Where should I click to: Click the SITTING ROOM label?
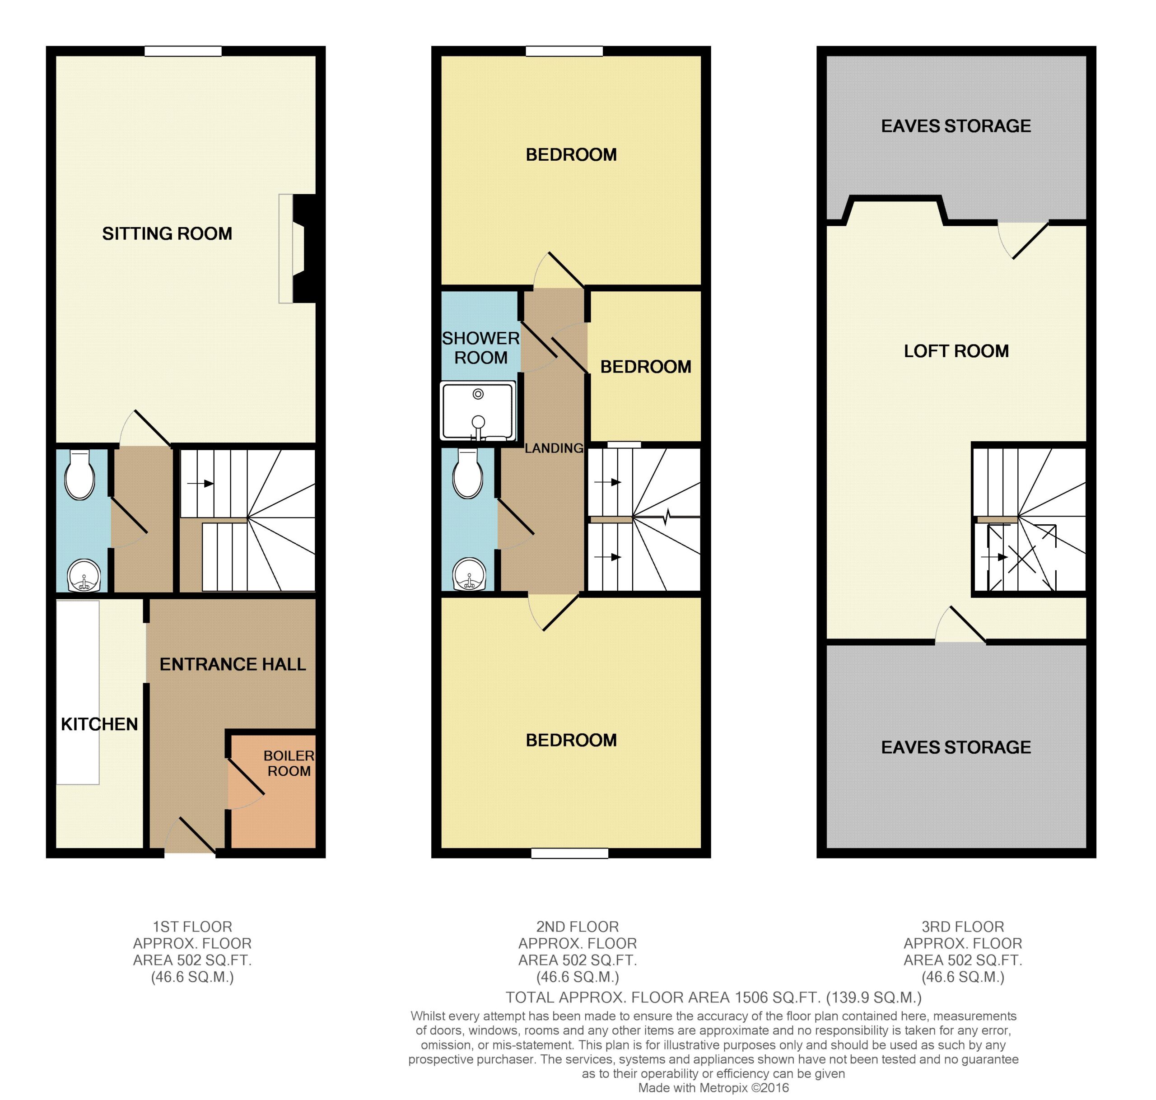[x=167, y=233]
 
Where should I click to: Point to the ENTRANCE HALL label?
[x=233, y=664]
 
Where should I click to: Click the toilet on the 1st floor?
[x=80, y=474]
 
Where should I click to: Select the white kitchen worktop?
[x=78, y=691]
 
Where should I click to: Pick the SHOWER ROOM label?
[x=481, y=348]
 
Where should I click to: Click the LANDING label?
[x=554, y=448]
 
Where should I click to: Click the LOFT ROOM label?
[x=956, y=351]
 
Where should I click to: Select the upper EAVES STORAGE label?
[x=956, y=126]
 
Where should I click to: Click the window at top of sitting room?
[x=183, y=51]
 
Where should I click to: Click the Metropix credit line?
[x=713, y=1088]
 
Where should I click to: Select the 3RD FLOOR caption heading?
[x=963, y=927]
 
